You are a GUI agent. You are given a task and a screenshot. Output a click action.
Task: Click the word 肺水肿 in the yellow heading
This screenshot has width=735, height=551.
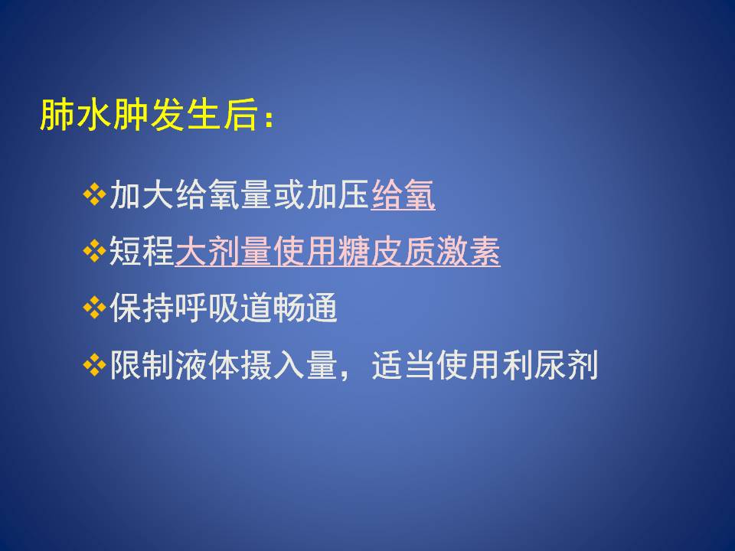pyautogui.click(x=94, y=115)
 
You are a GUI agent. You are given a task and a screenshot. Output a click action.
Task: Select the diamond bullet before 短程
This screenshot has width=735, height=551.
pyautogui.click(x=94, y=251)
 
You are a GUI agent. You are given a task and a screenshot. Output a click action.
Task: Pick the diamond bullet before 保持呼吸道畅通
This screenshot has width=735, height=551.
pyautogui.click(x=94, y=308)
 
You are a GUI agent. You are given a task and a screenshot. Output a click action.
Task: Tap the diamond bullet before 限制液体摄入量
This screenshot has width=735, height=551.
pyautogui.click(x=94, y=365)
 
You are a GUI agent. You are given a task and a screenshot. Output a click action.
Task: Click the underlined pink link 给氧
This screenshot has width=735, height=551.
pyautogui.click(x=403, y=195)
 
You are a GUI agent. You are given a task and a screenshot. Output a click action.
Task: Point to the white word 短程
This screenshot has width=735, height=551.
pyautogui.click(x=142, y=251)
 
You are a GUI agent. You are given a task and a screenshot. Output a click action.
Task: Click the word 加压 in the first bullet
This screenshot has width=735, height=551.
pyautogui.click(x=338, y=195)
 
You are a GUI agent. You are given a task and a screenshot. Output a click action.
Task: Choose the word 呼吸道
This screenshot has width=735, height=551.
pyautogui.click(x=223, y=308)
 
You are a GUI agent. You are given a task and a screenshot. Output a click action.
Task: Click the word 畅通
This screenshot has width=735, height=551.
pyautogui.click(x=305, y=308)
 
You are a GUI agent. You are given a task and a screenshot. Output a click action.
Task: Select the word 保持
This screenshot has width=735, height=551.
pyautogui.click(x=142, y=308)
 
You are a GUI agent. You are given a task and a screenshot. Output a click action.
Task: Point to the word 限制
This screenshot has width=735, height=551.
pyautogui.click(x=142, y=365)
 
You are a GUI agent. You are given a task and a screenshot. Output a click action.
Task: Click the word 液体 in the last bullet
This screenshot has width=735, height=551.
pyautogui.click(x=207, y=365)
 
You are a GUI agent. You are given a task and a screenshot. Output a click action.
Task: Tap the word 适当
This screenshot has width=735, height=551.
pyautogui.click(x=404, y=365)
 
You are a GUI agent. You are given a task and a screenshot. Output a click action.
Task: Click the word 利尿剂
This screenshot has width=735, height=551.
pyautogui.click(x=550, y=365)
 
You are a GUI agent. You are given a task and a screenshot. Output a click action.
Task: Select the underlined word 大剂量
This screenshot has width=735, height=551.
pyautogui.click(x=223, y=251)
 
